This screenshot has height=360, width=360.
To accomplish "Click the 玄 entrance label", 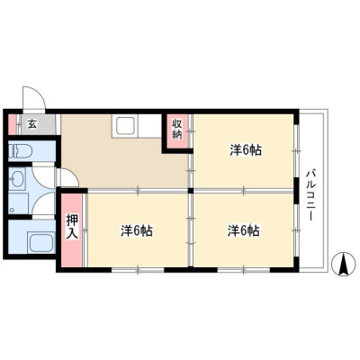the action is point(32,124).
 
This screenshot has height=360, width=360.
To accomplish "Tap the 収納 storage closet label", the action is point(177,129).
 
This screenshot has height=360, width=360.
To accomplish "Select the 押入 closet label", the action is point(72,227).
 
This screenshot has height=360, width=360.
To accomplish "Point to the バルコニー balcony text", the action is point(310,195).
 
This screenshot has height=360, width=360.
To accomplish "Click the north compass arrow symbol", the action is point(343,264).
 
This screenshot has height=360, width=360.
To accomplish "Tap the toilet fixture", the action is point(20,150).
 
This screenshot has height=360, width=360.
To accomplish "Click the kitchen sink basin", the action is point(125,126).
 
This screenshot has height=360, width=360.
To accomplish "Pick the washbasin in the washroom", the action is point(14,180).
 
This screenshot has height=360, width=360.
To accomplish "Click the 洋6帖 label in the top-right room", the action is point(246,150).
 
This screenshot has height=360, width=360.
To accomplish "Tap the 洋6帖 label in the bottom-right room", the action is point(244,231).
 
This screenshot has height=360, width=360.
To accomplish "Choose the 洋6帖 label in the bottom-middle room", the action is point(137,231).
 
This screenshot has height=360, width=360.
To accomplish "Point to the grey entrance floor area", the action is point(39,124).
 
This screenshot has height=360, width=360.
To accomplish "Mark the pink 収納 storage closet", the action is point(178,130).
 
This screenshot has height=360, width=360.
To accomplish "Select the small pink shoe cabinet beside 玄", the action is point(12,124).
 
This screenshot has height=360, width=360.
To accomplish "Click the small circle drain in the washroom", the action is point(12,210).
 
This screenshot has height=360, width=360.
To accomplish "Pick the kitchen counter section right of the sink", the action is point(150,126).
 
